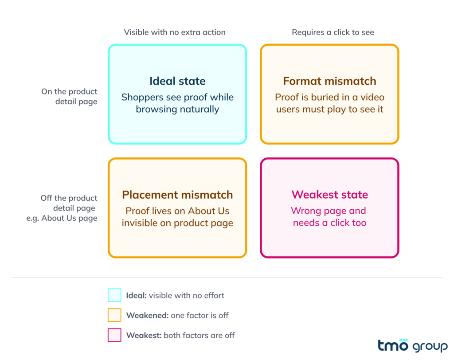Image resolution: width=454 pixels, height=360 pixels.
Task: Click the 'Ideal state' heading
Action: point(177,81)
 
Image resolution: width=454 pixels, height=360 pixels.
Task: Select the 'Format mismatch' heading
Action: point(329,81)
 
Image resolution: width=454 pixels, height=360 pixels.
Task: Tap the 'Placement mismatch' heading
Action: point(177,195)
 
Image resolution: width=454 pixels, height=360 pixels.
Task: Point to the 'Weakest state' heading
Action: point(329,195)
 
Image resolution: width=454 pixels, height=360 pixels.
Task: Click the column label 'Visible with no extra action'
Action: point(175,32)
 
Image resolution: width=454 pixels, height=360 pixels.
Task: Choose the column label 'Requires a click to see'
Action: point(333,32)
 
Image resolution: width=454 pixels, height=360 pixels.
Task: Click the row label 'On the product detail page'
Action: point(69,97)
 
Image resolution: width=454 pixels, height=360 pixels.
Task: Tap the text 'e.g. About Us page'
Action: point(62,218)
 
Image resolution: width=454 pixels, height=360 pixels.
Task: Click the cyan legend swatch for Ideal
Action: point(114,295)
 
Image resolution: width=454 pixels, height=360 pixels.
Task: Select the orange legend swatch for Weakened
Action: point(114,315)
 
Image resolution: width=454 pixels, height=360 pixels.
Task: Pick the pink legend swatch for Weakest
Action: point(114,335)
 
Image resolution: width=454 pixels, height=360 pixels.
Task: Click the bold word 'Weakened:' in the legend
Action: point(147,315)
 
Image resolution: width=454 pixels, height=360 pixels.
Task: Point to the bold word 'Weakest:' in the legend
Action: point(144,335)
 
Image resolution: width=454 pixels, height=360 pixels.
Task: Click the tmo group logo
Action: point(413,345)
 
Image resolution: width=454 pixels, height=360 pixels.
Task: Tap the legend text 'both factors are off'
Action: point(199,335)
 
